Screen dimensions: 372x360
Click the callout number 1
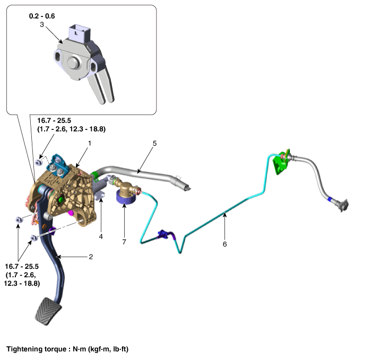click(90, 143)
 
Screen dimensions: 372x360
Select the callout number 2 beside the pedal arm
click(91, 257)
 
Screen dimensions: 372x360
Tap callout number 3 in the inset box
click(42, 24)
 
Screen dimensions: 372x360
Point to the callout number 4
click(101, 236)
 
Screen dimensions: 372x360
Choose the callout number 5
click(154, 143)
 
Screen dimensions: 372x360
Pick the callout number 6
click(224, 244)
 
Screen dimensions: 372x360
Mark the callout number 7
click(124, 242)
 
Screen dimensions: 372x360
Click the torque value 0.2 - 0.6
click(42, 16)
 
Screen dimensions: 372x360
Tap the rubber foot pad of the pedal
click(48, 311)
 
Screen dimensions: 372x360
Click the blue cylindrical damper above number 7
click(126, 198)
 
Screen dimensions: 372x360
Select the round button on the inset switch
click(74, 63)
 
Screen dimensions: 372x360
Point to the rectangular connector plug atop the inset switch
click(80, 33)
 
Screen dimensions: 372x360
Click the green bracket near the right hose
click(281, 163)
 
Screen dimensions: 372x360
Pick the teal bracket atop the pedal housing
click(58, 166)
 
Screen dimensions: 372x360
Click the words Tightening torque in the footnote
click(37, 349)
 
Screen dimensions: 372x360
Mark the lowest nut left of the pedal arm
click(34, 238)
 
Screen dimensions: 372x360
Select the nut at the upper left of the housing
click(39, 162)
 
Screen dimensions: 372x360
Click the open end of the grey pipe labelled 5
click(187, 187)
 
